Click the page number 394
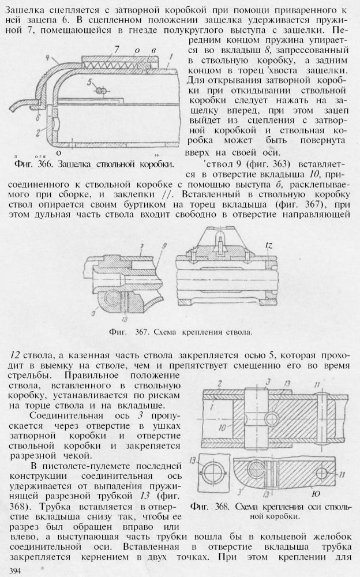[10, 571]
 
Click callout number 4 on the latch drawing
[50, 58]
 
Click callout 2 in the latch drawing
[21, 133]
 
